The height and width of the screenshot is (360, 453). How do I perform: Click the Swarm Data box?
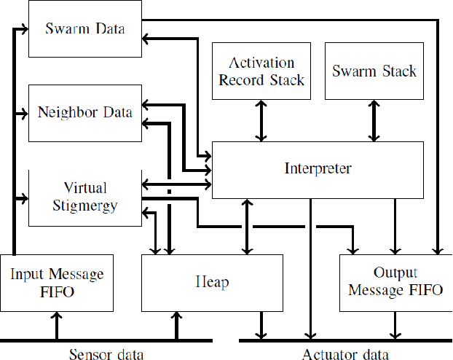[x=85, y=29]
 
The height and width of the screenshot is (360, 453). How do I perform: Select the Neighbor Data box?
[x=85, y=113]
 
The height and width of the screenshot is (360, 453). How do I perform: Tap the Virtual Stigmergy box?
[x=85, y=197]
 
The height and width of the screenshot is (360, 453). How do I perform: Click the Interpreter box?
[x=317, y=169]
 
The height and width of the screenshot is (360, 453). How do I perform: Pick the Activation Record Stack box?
[x=261, y=70]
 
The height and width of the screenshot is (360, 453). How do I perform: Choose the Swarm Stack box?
[x=374, y=70]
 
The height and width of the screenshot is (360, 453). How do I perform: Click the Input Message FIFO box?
[x=57, y=283]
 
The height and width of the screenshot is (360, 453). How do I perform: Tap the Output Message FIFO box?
[x=395, y=283]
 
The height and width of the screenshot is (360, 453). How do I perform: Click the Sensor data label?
[x=106, y=354]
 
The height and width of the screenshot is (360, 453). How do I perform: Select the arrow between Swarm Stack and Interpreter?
[x=374, y=120]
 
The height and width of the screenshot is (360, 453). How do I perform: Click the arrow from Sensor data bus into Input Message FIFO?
[x=57, y=325]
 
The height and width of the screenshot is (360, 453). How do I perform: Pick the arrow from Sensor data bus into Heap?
[x=176, y=325]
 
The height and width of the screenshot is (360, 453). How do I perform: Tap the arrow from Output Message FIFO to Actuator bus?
[x=395, y=325]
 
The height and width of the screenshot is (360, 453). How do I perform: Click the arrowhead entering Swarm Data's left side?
[x=24, y=29]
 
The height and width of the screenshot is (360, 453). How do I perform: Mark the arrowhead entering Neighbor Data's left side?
[x=24, y=113]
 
